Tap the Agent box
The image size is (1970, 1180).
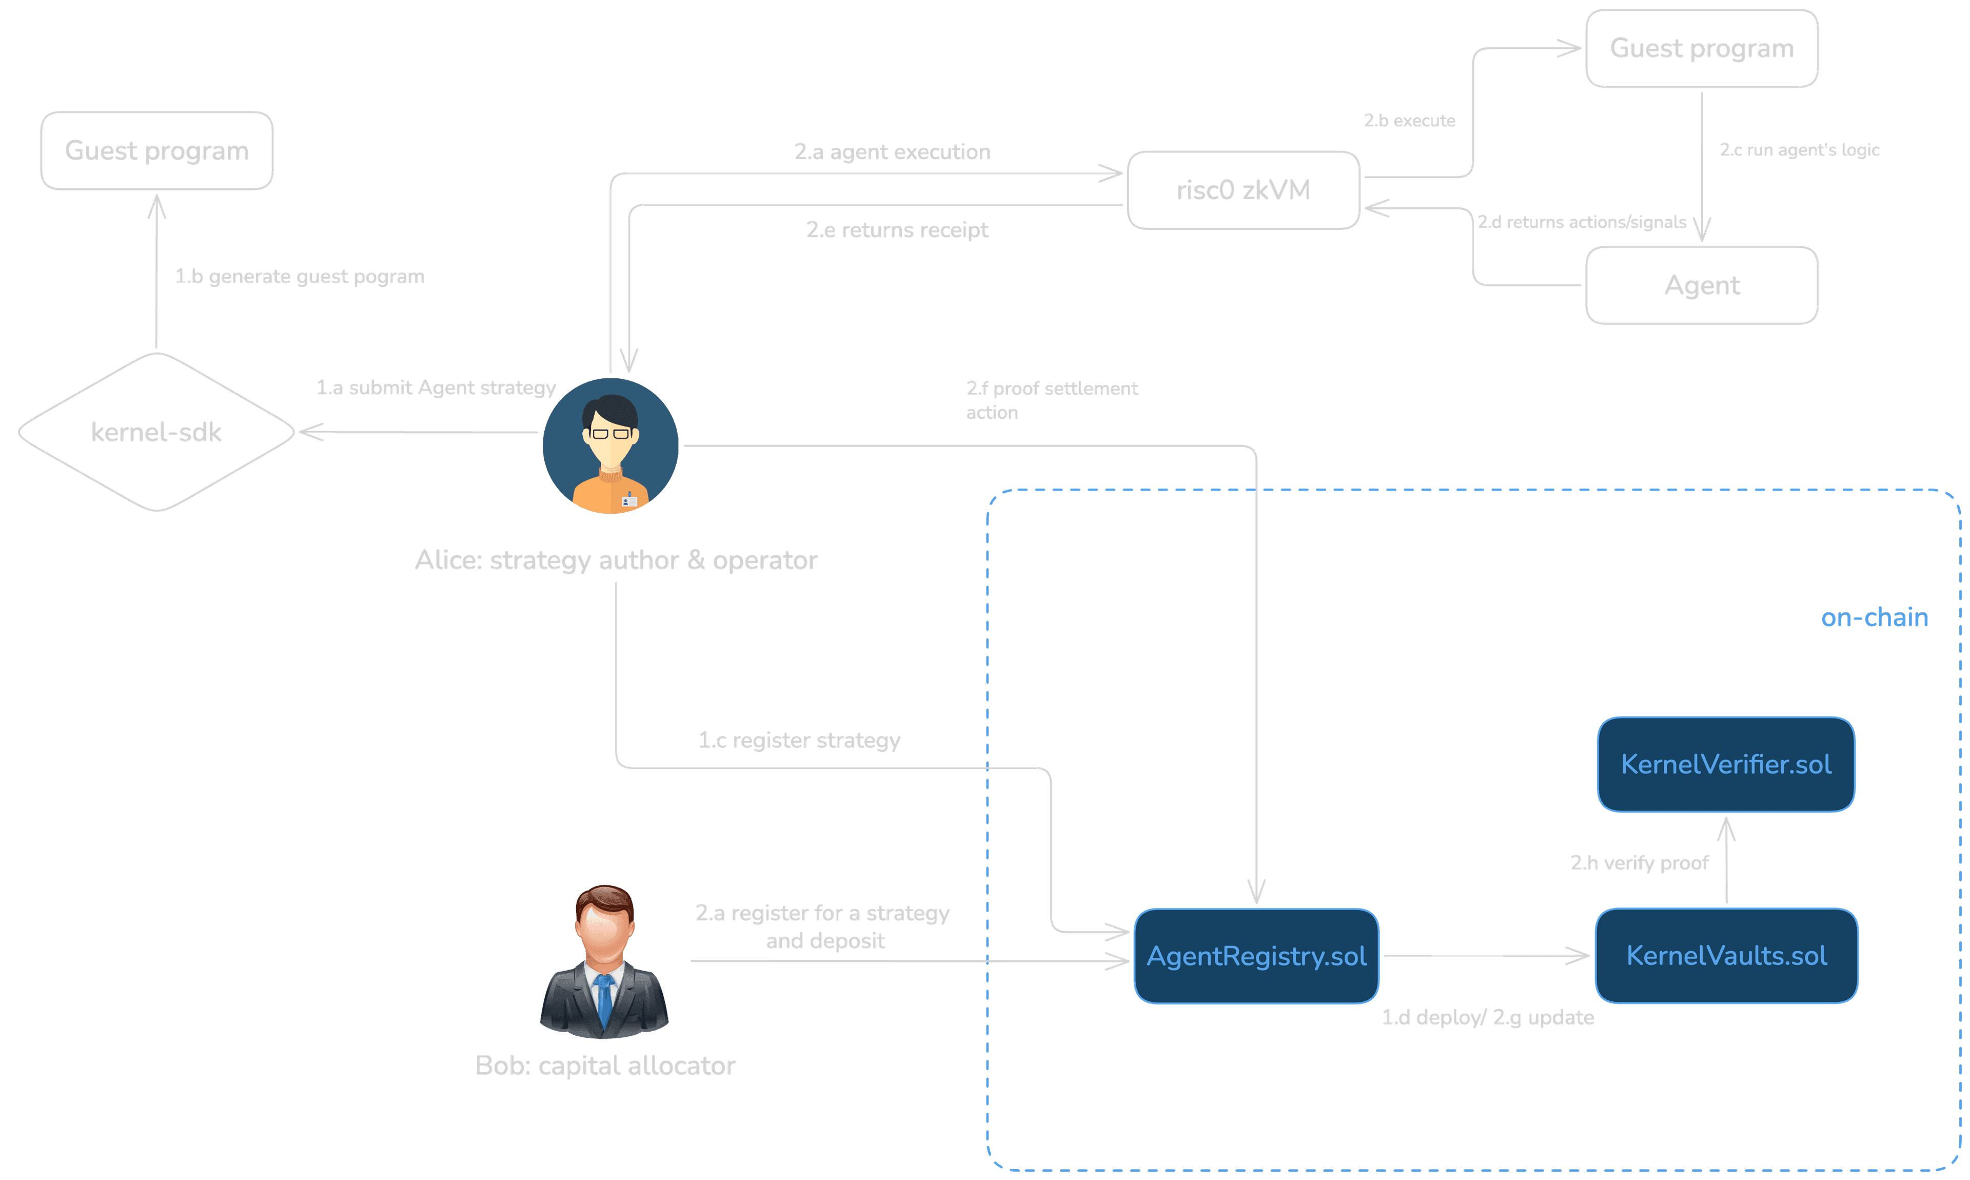pyautogui.click(x=1701, y=285)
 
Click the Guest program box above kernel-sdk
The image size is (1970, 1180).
pyautogui.click(x=156, y=151)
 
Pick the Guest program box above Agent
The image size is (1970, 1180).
pyautogui.click(x=1701, y=49)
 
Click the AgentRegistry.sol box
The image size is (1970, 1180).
pyautogui.click(x=1256, y=956)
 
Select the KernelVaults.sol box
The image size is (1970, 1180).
pyautogui.click(x=1726, y=956)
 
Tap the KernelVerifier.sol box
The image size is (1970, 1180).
pyautogui.click(x=1726, y=765)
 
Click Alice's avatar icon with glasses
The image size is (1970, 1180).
pyautogui.click(x=610, y=446)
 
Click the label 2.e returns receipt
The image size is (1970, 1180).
pyautogui.click(x=896, y=230)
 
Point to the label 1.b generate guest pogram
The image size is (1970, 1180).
pyautogui.click(x=300, y=277)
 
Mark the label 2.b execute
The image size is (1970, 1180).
pyautogui.click(x=1409, y=121)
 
